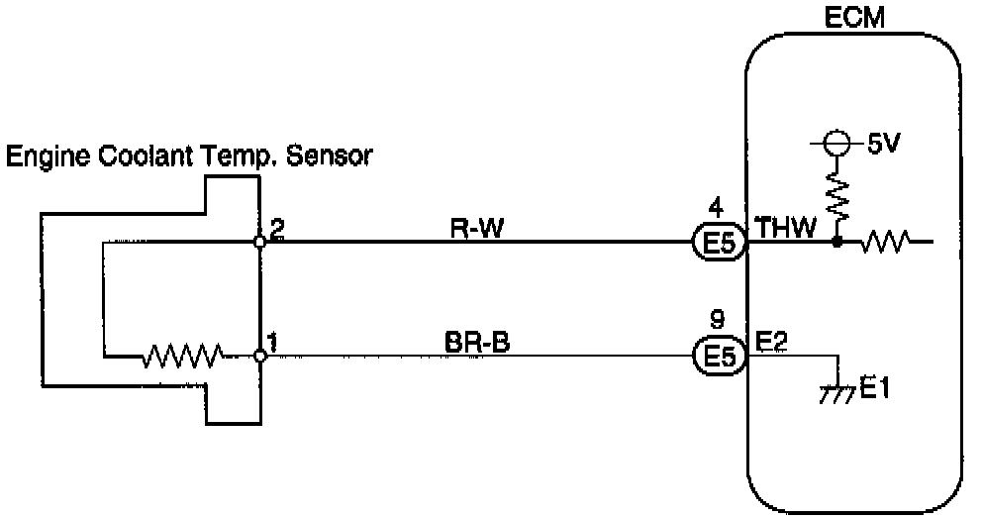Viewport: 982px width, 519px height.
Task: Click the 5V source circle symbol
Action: point(836,143)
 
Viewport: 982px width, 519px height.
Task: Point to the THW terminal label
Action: point(786,227)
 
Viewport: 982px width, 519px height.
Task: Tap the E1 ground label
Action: point(875,389)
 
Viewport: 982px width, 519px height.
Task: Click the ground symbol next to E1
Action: point(837,392)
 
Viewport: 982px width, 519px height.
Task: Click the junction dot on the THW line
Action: point(836,241)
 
